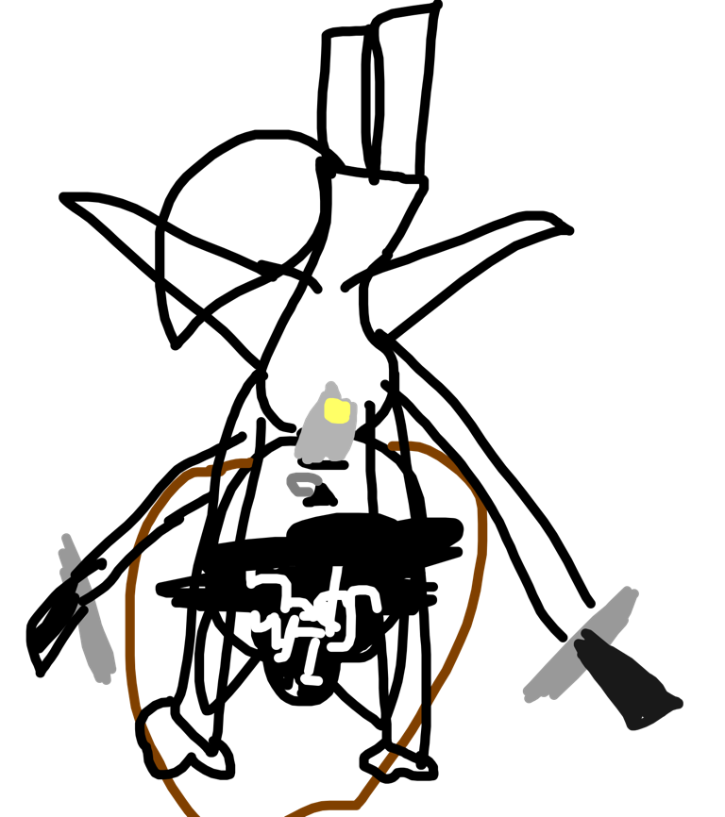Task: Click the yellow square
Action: coord(337,410)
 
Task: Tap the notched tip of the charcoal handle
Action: coord(585,637)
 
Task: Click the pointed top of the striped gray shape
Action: coord(65,539)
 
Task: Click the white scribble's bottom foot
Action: coord(312,679)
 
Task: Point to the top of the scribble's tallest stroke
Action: coord(337,570)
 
